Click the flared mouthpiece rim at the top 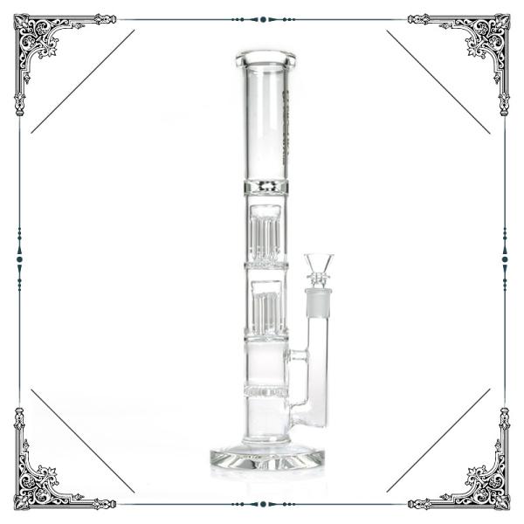[x=265, y=59]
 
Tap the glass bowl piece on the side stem [x=319, y=265]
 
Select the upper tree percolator [x=265, y=234]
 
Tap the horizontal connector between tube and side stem [x=297, y=355]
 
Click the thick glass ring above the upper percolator [x=265, y=187]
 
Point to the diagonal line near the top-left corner [x=83, y=81]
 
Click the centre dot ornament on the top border [x=262, y=18]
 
